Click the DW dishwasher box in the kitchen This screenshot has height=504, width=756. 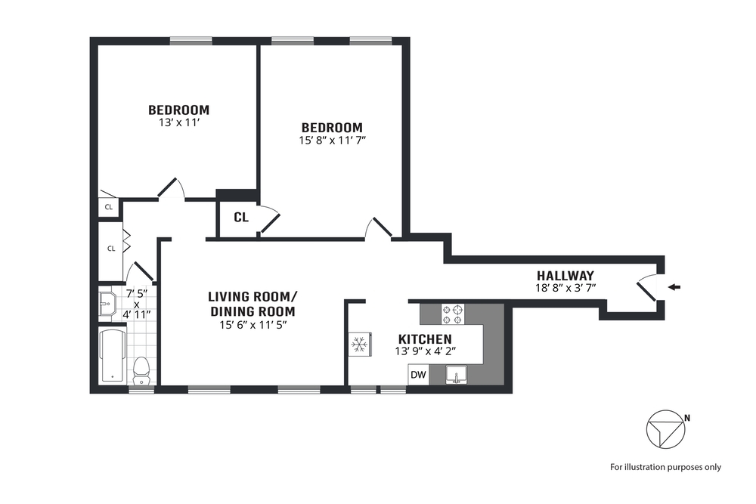419,374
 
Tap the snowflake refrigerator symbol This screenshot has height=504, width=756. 359,344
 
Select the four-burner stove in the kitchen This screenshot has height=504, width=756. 453,314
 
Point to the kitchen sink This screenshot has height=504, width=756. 456,375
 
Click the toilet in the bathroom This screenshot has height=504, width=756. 141,371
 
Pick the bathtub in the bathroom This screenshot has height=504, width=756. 113,356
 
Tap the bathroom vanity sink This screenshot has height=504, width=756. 107,305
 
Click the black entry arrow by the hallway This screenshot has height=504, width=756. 674,288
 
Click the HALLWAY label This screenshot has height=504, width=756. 565,276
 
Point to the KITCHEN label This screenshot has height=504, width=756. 425,339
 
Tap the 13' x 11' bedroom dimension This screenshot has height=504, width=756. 179,123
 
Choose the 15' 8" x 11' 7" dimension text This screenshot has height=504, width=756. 332,141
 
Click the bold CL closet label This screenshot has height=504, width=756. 241,218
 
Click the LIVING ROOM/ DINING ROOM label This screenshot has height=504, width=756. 253,304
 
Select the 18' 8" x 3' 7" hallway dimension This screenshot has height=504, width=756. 565,288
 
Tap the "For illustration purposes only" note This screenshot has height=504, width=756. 665,467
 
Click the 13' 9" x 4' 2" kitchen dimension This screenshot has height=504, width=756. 425,351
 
